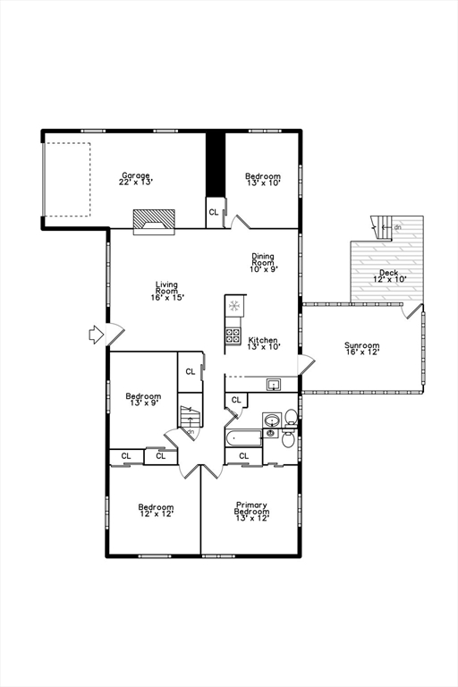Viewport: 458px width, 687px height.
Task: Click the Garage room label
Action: click(136, 178)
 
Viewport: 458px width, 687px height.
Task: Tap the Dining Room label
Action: click(264, 261)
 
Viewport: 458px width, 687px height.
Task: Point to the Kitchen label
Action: click(264, 343)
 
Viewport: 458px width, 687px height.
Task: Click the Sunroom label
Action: click(362, 348)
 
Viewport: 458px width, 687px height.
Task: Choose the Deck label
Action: click(388, 276)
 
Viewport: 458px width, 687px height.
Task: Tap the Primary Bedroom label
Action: click(251, 511)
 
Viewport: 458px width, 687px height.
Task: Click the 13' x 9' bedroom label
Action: click(143, 399)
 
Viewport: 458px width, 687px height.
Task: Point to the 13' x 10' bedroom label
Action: click(263, 180)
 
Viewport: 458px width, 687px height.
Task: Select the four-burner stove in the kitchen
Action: click(233, 335)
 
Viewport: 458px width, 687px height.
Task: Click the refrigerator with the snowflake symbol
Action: click(234, 307)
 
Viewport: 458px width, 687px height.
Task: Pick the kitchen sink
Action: click(274, 385)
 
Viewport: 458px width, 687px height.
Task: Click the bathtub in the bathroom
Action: click(243, 437)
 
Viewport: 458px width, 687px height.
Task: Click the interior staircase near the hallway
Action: click(190, 418)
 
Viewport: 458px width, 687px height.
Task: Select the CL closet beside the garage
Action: click(214, 212)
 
